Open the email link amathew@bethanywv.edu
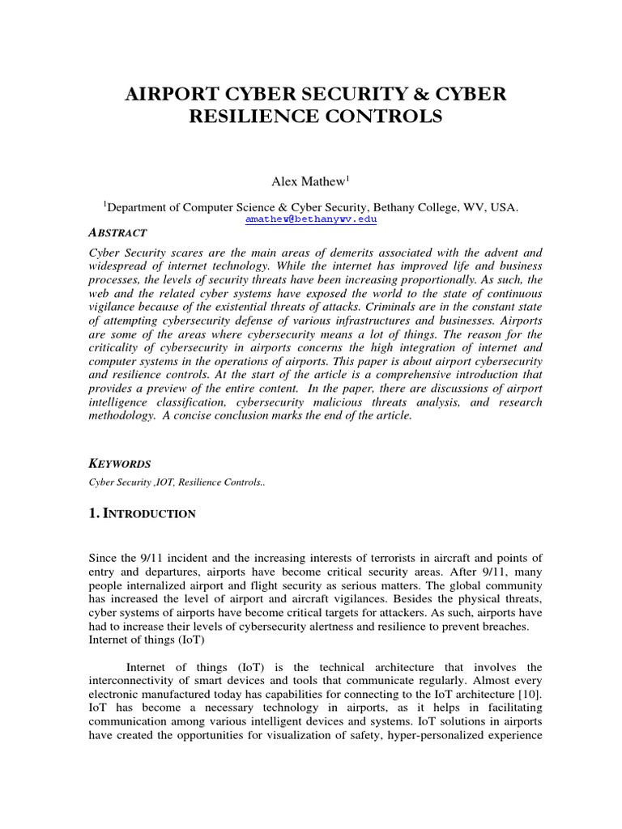pyautogui.click(x=311, y=219)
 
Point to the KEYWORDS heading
pyautogui.click(x=119, y=463)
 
